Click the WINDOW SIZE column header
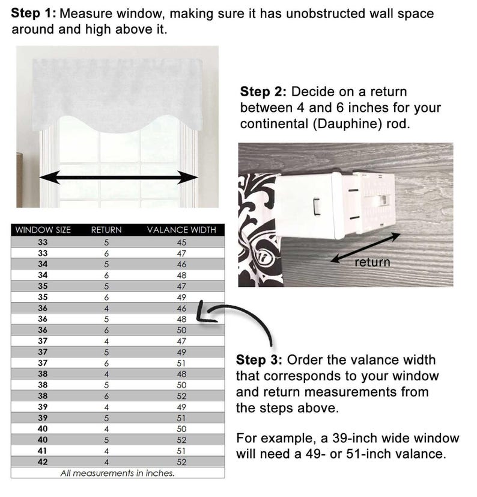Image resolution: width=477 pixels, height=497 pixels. click(43, 230)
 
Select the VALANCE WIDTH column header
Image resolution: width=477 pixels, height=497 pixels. click(181, 230)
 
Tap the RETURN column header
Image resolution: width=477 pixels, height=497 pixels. click(106, 230)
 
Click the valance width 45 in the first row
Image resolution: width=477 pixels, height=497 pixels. click(181, 242)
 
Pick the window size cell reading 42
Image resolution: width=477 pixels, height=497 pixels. click(43, 462)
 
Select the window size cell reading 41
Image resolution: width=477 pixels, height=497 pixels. click(43, 451)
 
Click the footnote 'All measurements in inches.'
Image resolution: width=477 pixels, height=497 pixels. click(117, 473)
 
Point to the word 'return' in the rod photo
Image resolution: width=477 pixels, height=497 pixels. click(372, 262)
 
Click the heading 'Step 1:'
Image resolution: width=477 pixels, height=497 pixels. click(34, 13)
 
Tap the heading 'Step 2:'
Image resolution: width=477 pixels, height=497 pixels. click(263, 91)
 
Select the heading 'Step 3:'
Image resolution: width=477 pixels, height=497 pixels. click(259, 360)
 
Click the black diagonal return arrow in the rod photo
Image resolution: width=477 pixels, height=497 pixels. click(366, 248)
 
